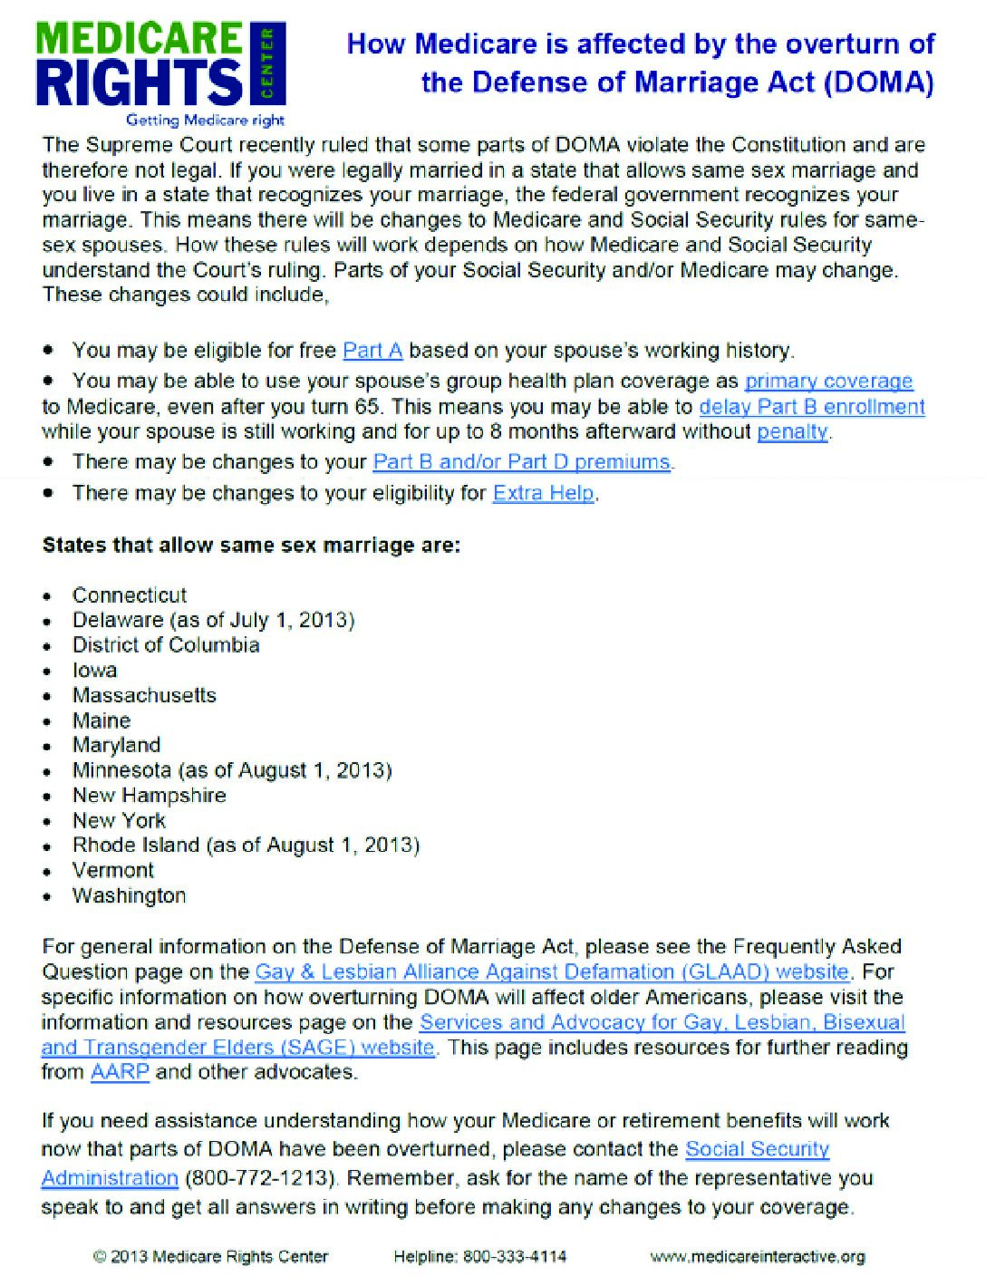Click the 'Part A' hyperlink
coord(372,351)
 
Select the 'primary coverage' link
coord(828,382)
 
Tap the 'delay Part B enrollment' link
coord(812,407)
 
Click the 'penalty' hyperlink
coord(792,432)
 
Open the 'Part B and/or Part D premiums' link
coord(522,462)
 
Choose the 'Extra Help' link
coord(544,494)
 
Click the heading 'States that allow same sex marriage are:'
coord(251,546)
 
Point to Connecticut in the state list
coord(130,595)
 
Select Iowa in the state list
coord(95,671)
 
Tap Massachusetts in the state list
coord(144,696)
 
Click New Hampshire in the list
coord(150,796)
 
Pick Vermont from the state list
coord(113,871)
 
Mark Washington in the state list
coord(129,896)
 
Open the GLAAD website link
coord(552,972)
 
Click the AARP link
coord(120,1073)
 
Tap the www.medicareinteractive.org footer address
coord(758,1257)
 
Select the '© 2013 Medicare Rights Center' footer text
coord(210,1257)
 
